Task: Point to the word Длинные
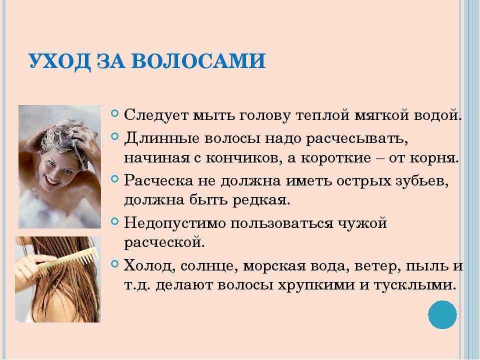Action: coord(161,138)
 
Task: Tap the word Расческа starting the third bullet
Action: coord(158,180)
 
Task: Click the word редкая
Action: coord(261,200)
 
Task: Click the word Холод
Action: coord(149,265)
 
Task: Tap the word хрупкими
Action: coord(316,285)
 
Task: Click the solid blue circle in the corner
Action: coord(442,314)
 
